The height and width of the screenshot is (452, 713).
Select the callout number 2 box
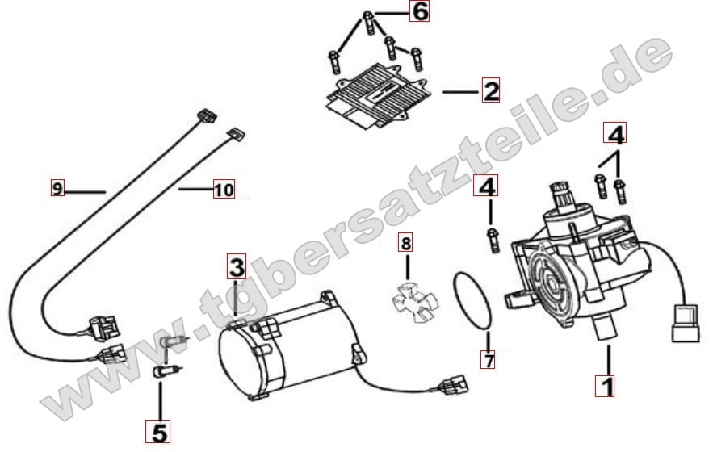491,90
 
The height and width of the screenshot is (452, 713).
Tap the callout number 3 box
237,266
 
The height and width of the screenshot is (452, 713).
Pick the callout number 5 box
157,431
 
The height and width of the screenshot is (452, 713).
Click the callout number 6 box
419,11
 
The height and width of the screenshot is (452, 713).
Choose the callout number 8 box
405,243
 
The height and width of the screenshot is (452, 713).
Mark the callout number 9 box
57,188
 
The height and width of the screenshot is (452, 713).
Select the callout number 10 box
224,189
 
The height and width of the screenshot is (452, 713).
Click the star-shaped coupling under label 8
414,302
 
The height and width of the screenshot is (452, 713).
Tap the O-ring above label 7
472,300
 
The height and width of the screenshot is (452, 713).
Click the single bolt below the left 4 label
493,240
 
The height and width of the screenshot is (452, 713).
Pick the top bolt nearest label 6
369,21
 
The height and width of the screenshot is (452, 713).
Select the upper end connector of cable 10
236,134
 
